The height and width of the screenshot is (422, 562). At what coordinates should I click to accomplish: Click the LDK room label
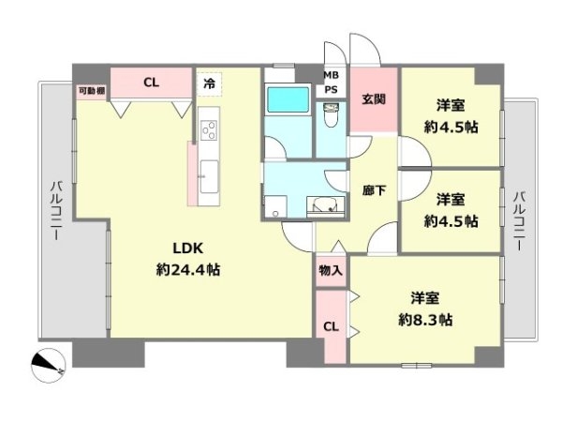pyautogui.click(x=188, y=248)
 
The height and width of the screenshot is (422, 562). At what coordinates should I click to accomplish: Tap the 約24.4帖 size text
pyautogui.click(x=188, y=269)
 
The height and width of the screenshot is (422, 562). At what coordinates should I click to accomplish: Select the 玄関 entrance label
pyautogui.click(x=374, y=98)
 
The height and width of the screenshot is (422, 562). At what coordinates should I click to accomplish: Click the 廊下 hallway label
pyautogui.click(x=374, y=190)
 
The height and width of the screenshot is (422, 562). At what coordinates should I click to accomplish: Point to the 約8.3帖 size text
pyautogui.click(x=425, y=320)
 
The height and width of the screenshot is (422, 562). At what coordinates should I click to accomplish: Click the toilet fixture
pyautogui.click(x=331, y=115)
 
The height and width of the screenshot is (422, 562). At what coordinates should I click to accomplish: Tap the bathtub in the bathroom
pyautogui.click(x=288, y=100)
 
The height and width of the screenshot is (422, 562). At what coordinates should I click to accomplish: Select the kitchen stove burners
pyautogui.click(x=209, y=130)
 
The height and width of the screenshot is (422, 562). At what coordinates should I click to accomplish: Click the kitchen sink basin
pyautogui.click(x=209, y=176)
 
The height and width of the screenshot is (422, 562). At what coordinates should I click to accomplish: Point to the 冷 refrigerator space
pyautogui.click(x=209, y=84)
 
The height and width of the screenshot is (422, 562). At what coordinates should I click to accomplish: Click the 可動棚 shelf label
pyautogui.click(x=92, y=91)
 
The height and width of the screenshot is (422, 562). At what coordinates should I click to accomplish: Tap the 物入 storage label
pyautogui.click(x=331, y=270)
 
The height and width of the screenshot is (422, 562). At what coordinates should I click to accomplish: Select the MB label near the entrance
pyautogui.click(x=331, y=75)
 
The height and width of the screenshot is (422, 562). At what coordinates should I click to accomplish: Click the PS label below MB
pyautogui.click(x=331, y=90)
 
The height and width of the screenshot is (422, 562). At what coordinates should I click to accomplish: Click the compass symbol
pyautogui.click(x=48, y=366)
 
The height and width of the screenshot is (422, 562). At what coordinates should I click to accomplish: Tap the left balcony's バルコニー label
pyautogui.click(x=56, y=211)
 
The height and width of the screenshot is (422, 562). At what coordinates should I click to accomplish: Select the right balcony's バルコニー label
pyautogui.click(x=520, y=221)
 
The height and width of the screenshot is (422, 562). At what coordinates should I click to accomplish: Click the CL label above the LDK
pyautogui.click(x=151, y=83)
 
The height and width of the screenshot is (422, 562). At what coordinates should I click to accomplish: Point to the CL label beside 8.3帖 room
pyautogui.click(x=331, y=326)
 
